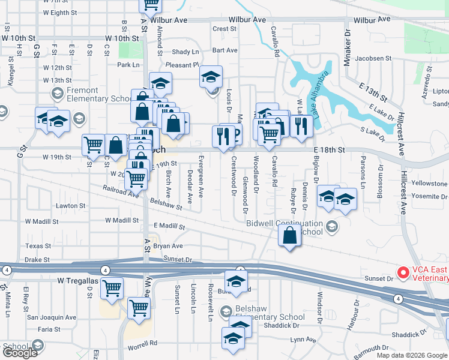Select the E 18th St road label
329,149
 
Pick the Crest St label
224,29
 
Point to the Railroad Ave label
120,191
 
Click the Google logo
19,352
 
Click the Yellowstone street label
429,183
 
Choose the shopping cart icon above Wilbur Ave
150,4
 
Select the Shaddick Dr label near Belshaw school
281,326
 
